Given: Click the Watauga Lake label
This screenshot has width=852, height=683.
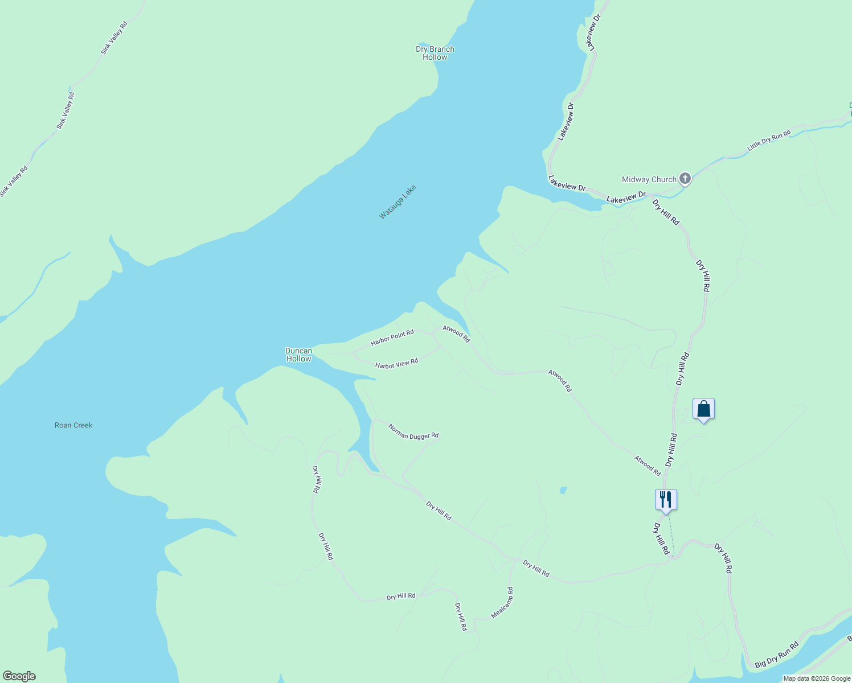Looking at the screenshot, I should (x=398, y=202).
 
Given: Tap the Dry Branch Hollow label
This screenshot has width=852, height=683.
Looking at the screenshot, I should (x=435, y=53).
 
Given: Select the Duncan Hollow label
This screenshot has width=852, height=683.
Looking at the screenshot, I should (x=298, y=355).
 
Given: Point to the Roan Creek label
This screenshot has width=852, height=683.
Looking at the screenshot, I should (x=73, y=425).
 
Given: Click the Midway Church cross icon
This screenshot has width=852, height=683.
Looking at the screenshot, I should (x=685, y=179).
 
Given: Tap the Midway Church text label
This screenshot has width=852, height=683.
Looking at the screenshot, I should (x=649, y=179).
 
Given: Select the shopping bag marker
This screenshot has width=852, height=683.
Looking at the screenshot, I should (x=703, y=409).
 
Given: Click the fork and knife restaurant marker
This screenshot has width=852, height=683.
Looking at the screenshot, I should (x=665, y=500).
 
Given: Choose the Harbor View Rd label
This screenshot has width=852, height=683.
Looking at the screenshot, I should (x=396, y=363).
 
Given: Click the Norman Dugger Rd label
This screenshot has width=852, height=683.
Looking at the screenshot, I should (x=413, y=431).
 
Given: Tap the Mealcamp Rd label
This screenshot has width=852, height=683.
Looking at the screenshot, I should (x=502, y=603).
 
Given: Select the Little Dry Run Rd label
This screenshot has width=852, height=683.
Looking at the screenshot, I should (x=769, y=141).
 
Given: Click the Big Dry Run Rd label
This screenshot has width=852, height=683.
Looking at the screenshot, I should (x=777, y=655).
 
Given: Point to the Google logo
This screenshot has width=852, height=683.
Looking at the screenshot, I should (x=19, y=676).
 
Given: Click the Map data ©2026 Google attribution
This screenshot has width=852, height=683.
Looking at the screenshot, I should (x=817, y=678).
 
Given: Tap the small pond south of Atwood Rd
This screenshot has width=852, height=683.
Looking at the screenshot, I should (x=563, y=490).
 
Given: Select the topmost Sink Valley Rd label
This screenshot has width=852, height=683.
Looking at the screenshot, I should (x=114, y=38).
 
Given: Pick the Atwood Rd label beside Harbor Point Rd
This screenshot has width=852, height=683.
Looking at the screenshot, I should (x=456, y=334).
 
